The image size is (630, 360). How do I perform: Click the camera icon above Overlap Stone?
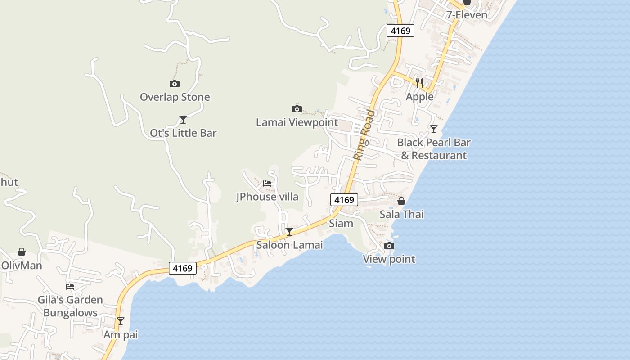pos(175,84)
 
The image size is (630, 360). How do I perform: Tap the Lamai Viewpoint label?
pos(297,122)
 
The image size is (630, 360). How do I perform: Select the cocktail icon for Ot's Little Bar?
pos(183,120)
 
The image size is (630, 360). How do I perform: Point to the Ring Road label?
pos(364,135)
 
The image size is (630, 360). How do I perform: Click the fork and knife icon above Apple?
pos(419,83)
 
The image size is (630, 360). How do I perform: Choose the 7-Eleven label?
pos(467,15)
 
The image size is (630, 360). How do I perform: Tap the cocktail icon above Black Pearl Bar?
pos(434,129)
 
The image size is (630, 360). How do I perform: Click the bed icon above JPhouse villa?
pos(267,184)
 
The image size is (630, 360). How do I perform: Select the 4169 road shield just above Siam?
pos(344,199)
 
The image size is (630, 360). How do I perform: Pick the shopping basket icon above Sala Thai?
pos(401,201)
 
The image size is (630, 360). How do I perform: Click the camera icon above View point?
pos(389,246)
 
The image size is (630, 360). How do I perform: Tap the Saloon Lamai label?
pos(289,245)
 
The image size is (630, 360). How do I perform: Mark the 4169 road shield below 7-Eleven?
pos(400,31)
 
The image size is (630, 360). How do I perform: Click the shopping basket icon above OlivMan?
pos(22,252)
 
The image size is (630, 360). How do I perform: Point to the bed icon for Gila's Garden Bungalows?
pos(70,286)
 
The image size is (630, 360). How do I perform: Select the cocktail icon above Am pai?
pos(121,321)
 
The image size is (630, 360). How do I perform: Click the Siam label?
pos(341,224)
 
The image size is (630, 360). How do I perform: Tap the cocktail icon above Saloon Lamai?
pos(289,232)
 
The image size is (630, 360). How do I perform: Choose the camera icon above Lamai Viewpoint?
pos(297,109)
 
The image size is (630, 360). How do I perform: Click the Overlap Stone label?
pos(175,97)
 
